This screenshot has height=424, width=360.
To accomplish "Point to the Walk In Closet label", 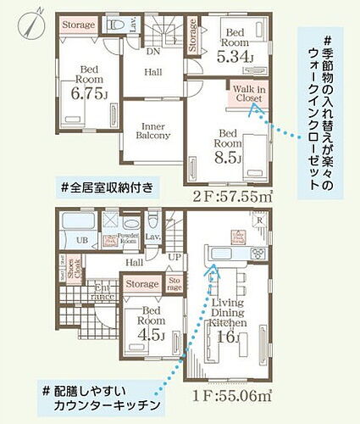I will [248, 95].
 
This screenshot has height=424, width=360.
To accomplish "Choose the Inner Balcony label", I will [154, 130].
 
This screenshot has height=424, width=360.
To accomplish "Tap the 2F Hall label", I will [153, 73].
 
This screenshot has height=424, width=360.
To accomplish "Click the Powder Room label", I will [129, 238].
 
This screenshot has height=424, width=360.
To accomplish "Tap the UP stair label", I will [174, 256].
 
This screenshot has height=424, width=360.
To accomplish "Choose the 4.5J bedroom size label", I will [152, 332].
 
